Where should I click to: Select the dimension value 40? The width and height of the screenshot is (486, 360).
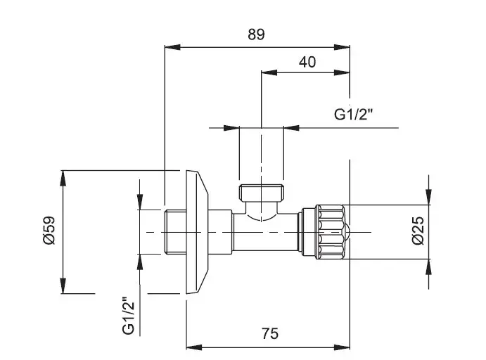coord(307,61)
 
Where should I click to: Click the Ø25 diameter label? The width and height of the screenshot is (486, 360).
coord(418,231)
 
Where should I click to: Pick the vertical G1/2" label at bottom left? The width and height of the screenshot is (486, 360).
coord(127,316)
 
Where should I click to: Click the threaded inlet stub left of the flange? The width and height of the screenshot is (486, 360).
coord(174,231)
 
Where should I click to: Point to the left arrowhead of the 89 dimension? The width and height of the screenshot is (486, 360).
coord(168,48)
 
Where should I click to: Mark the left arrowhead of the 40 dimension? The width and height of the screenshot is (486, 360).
coord(265,72)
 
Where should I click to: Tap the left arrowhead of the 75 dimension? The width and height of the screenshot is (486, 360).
coord(190,347)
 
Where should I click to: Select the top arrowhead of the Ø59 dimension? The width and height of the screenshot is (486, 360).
coord(64,174)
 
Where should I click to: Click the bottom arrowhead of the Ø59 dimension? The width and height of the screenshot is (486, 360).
coord(64,289)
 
